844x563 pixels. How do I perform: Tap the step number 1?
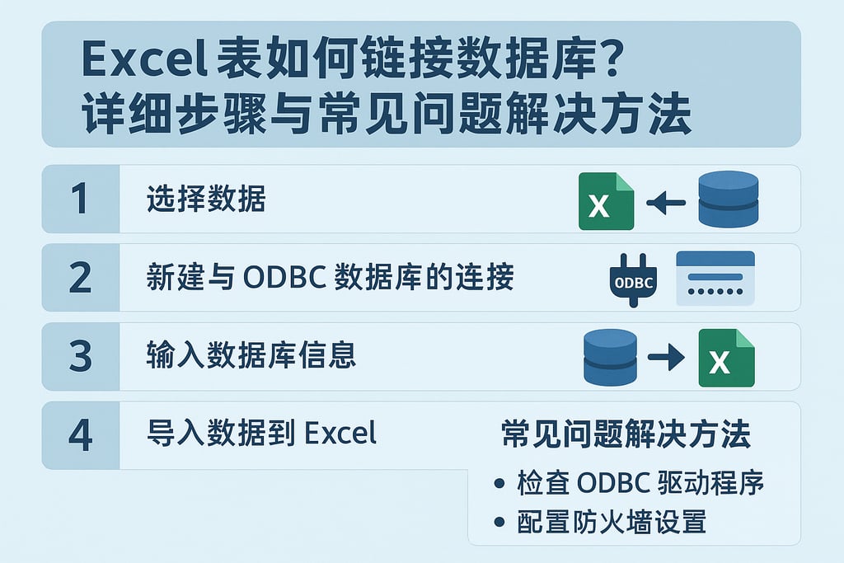click(x=80, y=199)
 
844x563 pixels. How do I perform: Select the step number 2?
click(x=80, y=278)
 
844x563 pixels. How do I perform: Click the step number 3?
click(x=80, y=356)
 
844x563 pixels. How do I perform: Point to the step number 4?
click(x=80, y=435)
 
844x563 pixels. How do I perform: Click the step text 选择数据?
click(x=206, y=199)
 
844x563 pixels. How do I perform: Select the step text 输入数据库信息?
click(x=251, y=356)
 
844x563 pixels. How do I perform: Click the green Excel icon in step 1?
click(x=606, y=200)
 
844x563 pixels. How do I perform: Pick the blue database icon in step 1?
click(x=727, y=199)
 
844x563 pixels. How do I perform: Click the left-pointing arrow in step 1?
click(x=666, y=201)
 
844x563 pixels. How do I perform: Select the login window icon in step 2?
click(x=715, y=278)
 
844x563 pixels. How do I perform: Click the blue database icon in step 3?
click(x=610, y=357)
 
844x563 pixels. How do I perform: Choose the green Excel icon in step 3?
click(x=726, y=358)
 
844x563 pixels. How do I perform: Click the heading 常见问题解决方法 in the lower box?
click(x=626, y=434)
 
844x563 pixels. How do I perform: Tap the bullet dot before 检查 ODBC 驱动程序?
click(x=499, y=484)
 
